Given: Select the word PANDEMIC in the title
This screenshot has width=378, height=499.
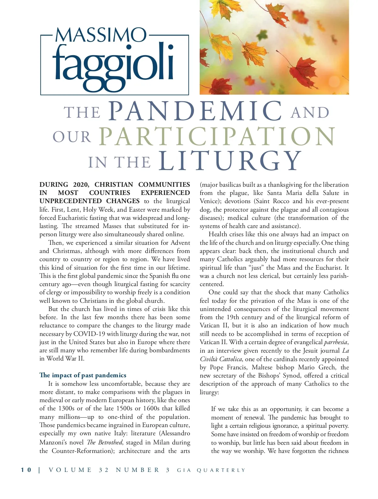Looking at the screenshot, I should pyautogui.click(x=196, y=111).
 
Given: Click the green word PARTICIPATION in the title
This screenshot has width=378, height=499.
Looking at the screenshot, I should pyautogui.click(x=217, y=136).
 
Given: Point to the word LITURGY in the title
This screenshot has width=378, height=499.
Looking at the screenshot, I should pyautogui.click(x=230, y=161).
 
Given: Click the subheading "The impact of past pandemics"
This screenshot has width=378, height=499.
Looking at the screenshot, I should pyautogui.click(x=83, y=375).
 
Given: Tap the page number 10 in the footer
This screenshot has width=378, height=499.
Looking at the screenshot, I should pyautogui.click(x=26, y=470).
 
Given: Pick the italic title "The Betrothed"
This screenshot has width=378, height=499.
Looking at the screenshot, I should pyautogui.click(x=104, y=442).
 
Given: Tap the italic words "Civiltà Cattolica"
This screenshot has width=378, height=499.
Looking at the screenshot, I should pyautogui.click(x=221, y=359).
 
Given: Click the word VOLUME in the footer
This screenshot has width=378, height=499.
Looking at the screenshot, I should pyautogui.click(x=70, y=470).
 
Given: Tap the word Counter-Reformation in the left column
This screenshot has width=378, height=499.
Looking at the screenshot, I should pyautogui.click(x=82, y=451).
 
